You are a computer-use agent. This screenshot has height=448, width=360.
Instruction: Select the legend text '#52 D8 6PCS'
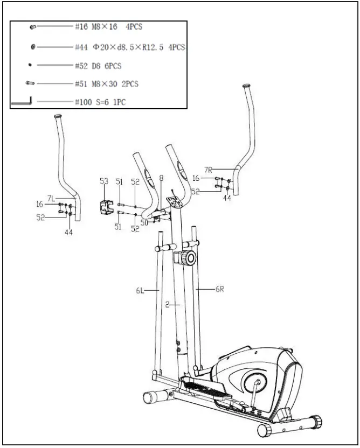click(x=98, y=66)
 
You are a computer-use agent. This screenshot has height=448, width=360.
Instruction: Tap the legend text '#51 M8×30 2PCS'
click(x=106, y=83)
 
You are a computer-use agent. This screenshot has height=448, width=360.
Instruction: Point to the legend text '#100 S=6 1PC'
click(x=100, y=101)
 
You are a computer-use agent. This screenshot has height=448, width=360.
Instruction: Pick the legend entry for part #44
click(x=129, y=47)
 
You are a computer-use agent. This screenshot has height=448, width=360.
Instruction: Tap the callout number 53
click(x=104, y=182)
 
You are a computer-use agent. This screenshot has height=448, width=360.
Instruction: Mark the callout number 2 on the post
click(x=168, y=304)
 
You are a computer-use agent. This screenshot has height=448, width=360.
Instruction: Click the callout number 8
click(x=161, y=178)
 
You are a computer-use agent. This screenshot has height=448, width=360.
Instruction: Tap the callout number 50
click(x=144, y=222)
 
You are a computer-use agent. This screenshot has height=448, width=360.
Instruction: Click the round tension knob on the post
click(x=189, y=257)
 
